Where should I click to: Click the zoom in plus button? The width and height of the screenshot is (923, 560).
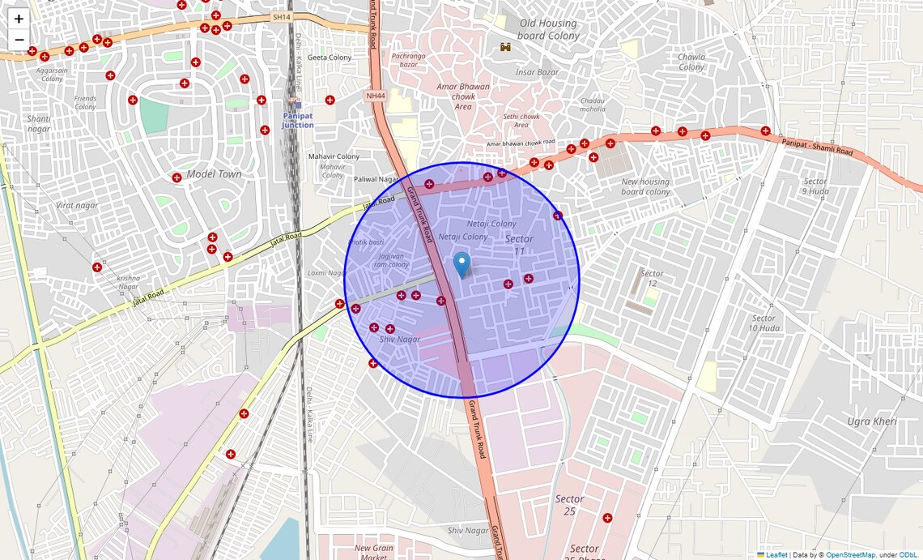point(19,19)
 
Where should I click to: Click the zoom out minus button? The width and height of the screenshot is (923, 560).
point(19,40)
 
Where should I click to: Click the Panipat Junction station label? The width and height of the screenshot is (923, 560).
point(297,120)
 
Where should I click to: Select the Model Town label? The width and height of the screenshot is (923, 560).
point(214,174)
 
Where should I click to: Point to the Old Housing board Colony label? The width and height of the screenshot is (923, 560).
point(548,30)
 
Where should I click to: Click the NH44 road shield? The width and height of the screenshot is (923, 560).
point(375,96)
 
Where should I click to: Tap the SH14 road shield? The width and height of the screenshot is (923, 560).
point(281,17)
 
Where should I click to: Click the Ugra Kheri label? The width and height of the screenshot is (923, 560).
point(870,421)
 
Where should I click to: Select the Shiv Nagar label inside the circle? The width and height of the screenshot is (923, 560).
point(400,340)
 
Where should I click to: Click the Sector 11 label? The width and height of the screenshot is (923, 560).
point(519,245)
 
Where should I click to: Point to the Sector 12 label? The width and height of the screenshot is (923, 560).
point(652,279)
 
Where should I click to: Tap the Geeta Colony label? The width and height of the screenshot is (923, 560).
point(330,58)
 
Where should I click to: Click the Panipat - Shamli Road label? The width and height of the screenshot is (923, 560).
point(817,147)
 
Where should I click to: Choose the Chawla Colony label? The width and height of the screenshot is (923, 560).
point(691,62)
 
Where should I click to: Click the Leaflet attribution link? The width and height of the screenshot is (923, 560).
point(776,554)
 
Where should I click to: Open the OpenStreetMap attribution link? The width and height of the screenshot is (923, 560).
point(850,554)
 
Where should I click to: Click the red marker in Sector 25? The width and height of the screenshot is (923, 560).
point(607,518)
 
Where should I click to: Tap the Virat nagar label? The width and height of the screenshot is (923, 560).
point(77,206)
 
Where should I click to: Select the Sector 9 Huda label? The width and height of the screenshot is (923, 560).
point(815,186)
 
